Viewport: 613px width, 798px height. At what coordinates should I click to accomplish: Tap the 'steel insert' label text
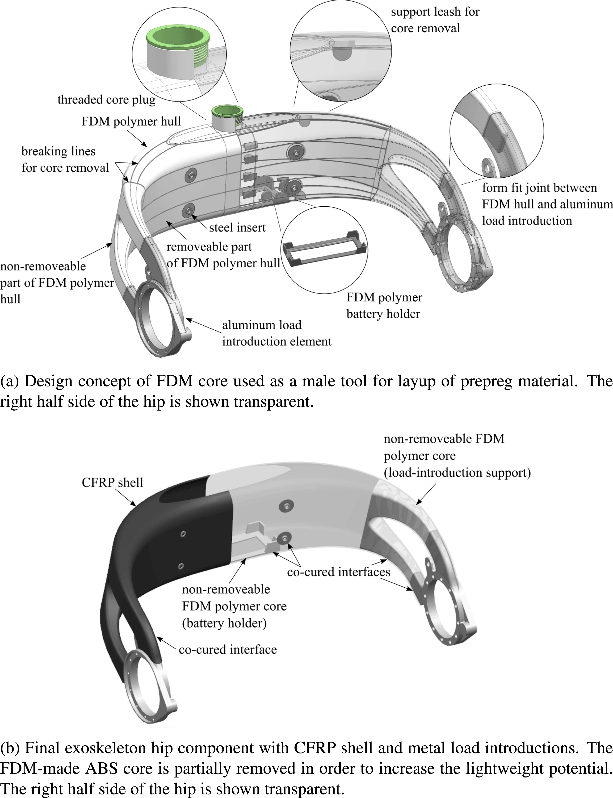coord(237,228)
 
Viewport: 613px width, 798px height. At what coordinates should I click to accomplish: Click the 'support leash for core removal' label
coord(435,20)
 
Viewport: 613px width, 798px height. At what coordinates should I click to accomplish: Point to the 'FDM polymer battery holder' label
coord(384,306)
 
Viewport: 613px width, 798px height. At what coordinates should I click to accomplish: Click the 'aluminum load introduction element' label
coord(276,333)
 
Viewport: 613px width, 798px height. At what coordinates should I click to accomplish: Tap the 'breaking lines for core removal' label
coord(65,159)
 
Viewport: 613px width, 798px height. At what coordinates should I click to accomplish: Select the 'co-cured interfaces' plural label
coord(338,572)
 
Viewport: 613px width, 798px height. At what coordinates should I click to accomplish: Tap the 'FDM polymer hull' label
coord(131,121)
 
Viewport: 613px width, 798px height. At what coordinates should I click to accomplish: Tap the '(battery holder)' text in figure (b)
coord(224,623)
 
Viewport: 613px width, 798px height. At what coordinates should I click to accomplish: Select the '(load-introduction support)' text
coord(457,473)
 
